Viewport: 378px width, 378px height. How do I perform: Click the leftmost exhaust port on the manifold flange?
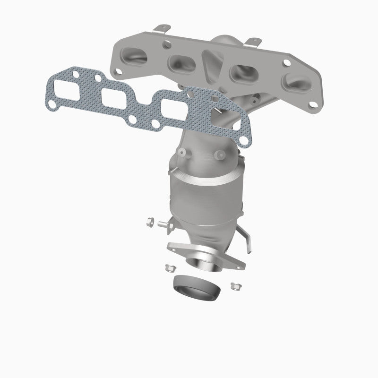(x=134, y=56)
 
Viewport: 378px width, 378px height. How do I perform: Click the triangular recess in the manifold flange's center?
(x=209, y=66)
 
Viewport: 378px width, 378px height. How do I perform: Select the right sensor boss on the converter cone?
(x=218, y=154)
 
